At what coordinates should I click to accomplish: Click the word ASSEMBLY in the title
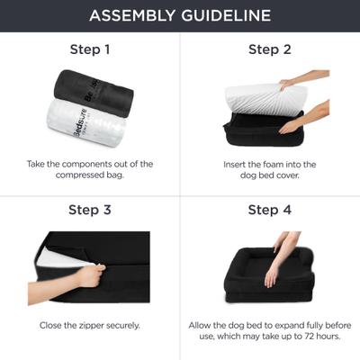[x=134, y=15]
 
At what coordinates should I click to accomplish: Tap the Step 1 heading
[x=90, y=49]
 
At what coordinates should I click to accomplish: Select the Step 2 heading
[x=270, y=49]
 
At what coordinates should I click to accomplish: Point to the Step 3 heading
[x=90, y=211]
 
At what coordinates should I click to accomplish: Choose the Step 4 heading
[x=270, y=211]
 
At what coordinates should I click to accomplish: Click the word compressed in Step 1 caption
[x=75, y=175]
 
